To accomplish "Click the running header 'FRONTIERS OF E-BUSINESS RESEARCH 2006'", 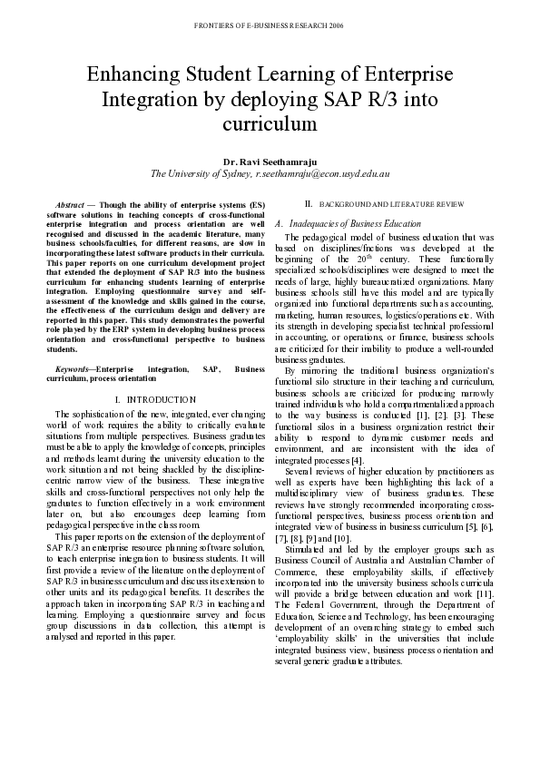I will [x=269, y=27].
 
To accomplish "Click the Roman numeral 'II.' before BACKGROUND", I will [x=308, y=205].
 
